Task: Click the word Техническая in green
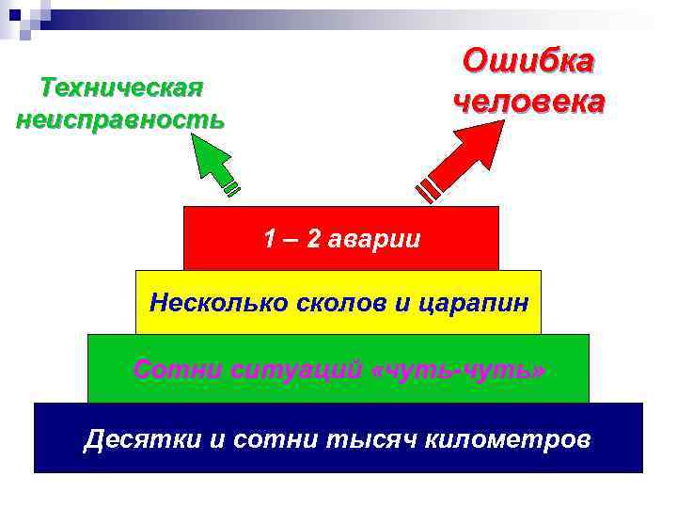pos(122,88)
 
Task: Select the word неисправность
pos(120,120)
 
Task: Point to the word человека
pos(528,100)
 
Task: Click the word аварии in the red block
pos(374,239)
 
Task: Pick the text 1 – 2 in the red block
pos(292,239)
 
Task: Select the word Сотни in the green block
pos(168,369)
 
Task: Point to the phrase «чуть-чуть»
pos(459,369)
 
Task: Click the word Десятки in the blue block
pos(141,438)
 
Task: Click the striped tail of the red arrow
pos(430,187)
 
